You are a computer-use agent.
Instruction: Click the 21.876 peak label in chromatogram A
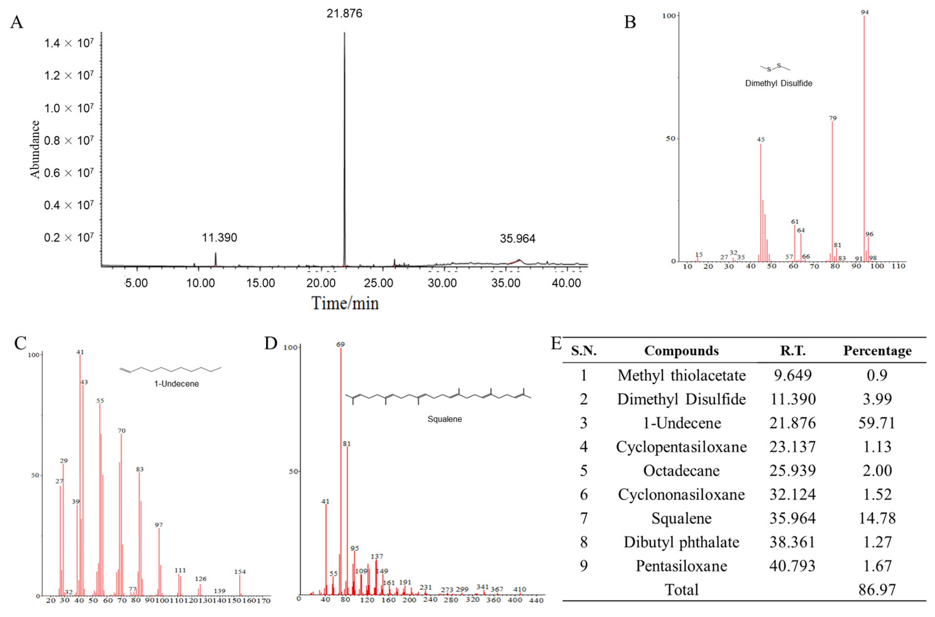click(344, 14)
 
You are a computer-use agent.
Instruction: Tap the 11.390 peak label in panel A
click(219, 238)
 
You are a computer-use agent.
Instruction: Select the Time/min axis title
click(345, 303)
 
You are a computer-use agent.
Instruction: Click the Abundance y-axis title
click(35, 149)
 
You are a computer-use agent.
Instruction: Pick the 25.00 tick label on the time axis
click(378, 283)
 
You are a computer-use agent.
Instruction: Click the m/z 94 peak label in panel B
click(865, 12)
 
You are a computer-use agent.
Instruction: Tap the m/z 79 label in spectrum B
click(832, 118)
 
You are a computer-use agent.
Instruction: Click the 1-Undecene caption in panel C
click(176, 384)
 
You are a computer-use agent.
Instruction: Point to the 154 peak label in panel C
click(240, 572)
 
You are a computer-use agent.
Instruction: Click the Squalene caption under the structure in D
click(445, 419)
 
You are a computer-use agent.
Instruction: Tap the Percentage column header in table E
click(877, 351)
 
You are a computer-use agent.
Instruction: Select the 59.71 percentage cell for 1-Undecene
click(877, 423)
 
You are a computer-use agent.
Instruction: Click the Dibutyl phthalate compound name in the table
click(681, 542)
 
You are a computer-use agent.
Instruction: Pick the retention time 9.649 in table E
click(793, 375)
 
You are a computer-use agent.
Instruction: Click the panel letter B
click(630, 22)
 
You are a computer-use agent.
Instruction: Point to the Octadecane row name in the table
click(681, 471)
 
